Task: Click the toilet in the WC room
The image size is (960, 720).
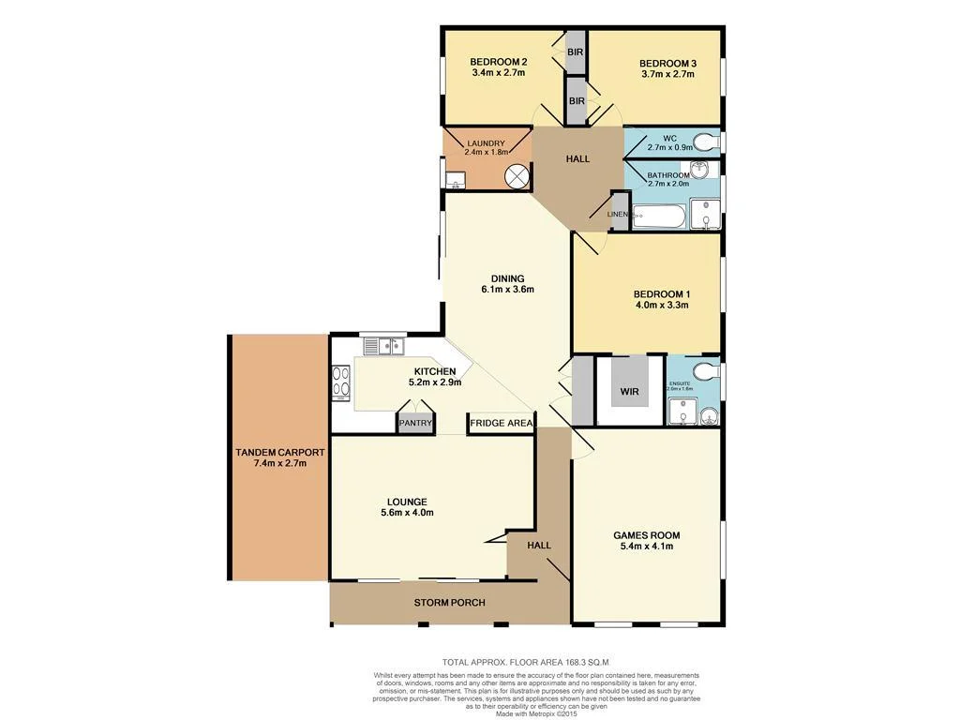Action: coord(712,142)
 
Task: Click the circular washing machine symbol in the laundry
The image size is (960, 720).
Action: coord(516,175)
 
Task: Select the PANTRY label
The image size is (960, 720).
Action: coord(415,424)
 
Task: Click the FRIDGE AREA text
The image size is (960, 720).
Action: coord(501,424)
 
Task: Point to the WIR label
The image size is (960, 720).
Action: coord(629,392)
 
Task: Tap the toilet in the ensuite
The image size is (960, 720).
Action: coord(710,372)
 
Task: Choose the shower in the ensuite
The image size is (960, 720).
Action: coord(682,411)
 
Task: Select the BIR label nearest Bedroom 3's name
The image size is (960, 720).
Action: coord(576,52)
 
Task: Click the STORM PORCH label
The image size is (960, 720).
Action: coord(449,602)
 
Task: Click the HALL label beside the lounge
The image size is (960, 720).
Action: coord(538,545)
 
